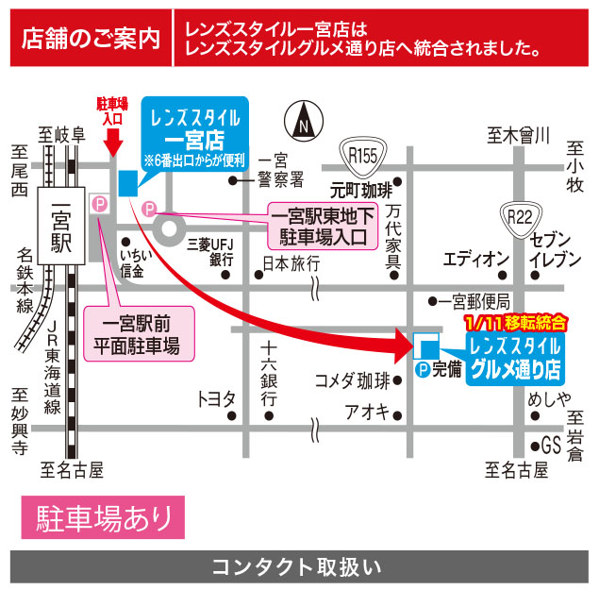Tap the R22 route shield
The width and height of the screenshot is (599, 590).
point(520,217)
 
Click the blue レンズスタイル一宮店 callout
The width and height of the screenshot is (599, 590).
point(195,133)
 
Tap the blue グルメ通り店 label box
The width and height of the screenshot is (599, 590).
point(513,355)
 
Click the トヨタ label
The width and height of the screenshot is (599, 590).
point(215,398)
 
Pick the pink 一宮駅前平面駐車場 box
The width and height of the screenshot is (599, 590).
point(139,333)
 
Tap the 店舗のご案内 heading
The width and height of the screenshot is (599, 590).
point(92,39)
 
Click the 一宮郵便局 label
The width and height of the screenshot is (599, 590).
point(475,301)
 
